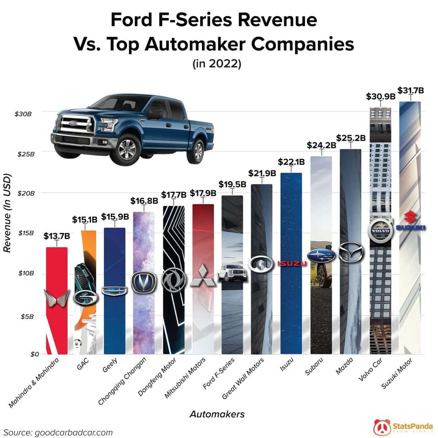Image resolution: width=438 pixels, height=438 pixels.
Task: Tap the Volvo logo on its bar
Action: (380, 231)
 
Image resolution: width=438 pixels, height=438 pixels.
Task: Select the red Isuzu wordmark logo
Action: (291, 264)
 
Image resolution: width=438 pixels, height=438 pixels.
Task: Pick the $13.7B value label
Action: (57, 235)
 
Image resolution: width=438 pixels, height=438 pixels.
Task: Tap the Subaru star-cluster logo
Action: (321, 255)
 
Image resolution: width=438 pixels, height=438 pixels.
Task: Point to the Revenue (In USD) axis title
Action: (6, 213)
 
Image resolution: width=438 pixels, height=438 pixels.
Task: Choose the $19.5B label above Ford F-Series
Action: (232, 184)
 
